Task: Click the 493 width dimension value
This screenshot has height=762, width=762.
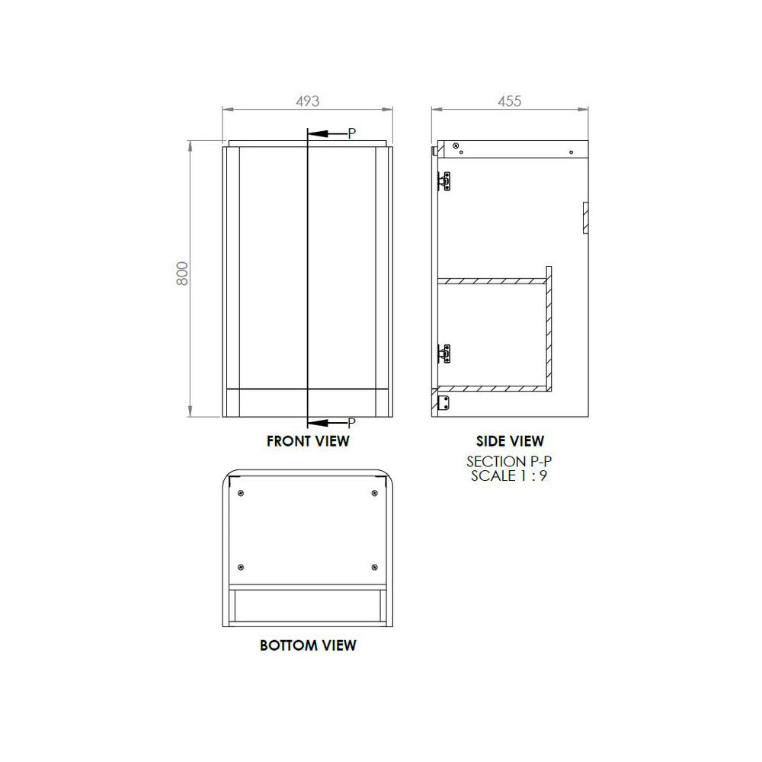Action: tap(308, 101)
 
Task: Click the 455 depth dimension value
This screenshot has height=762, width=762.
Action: tap(509, 101)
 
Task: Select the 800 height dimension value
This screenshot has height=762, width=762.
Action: tap(182, 274)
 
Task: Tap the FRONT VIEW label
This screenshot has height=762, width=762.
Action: tap(308, 440)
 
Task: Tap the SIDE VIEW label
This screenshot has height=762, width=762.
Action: tap(510, 440)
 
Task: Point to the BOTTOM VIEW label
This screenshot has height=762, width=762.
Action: tap(308, 645)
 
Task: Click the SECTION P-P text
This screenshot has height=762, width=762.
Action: tap(509, 461)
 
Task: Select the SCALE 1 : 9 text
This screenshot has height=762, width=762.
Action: tap(509, 475)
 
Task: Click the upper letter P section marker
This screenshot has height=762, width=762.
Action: tap(352, 133)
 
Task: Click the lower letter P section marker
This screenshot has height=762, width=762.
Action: tap(352, 423)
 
